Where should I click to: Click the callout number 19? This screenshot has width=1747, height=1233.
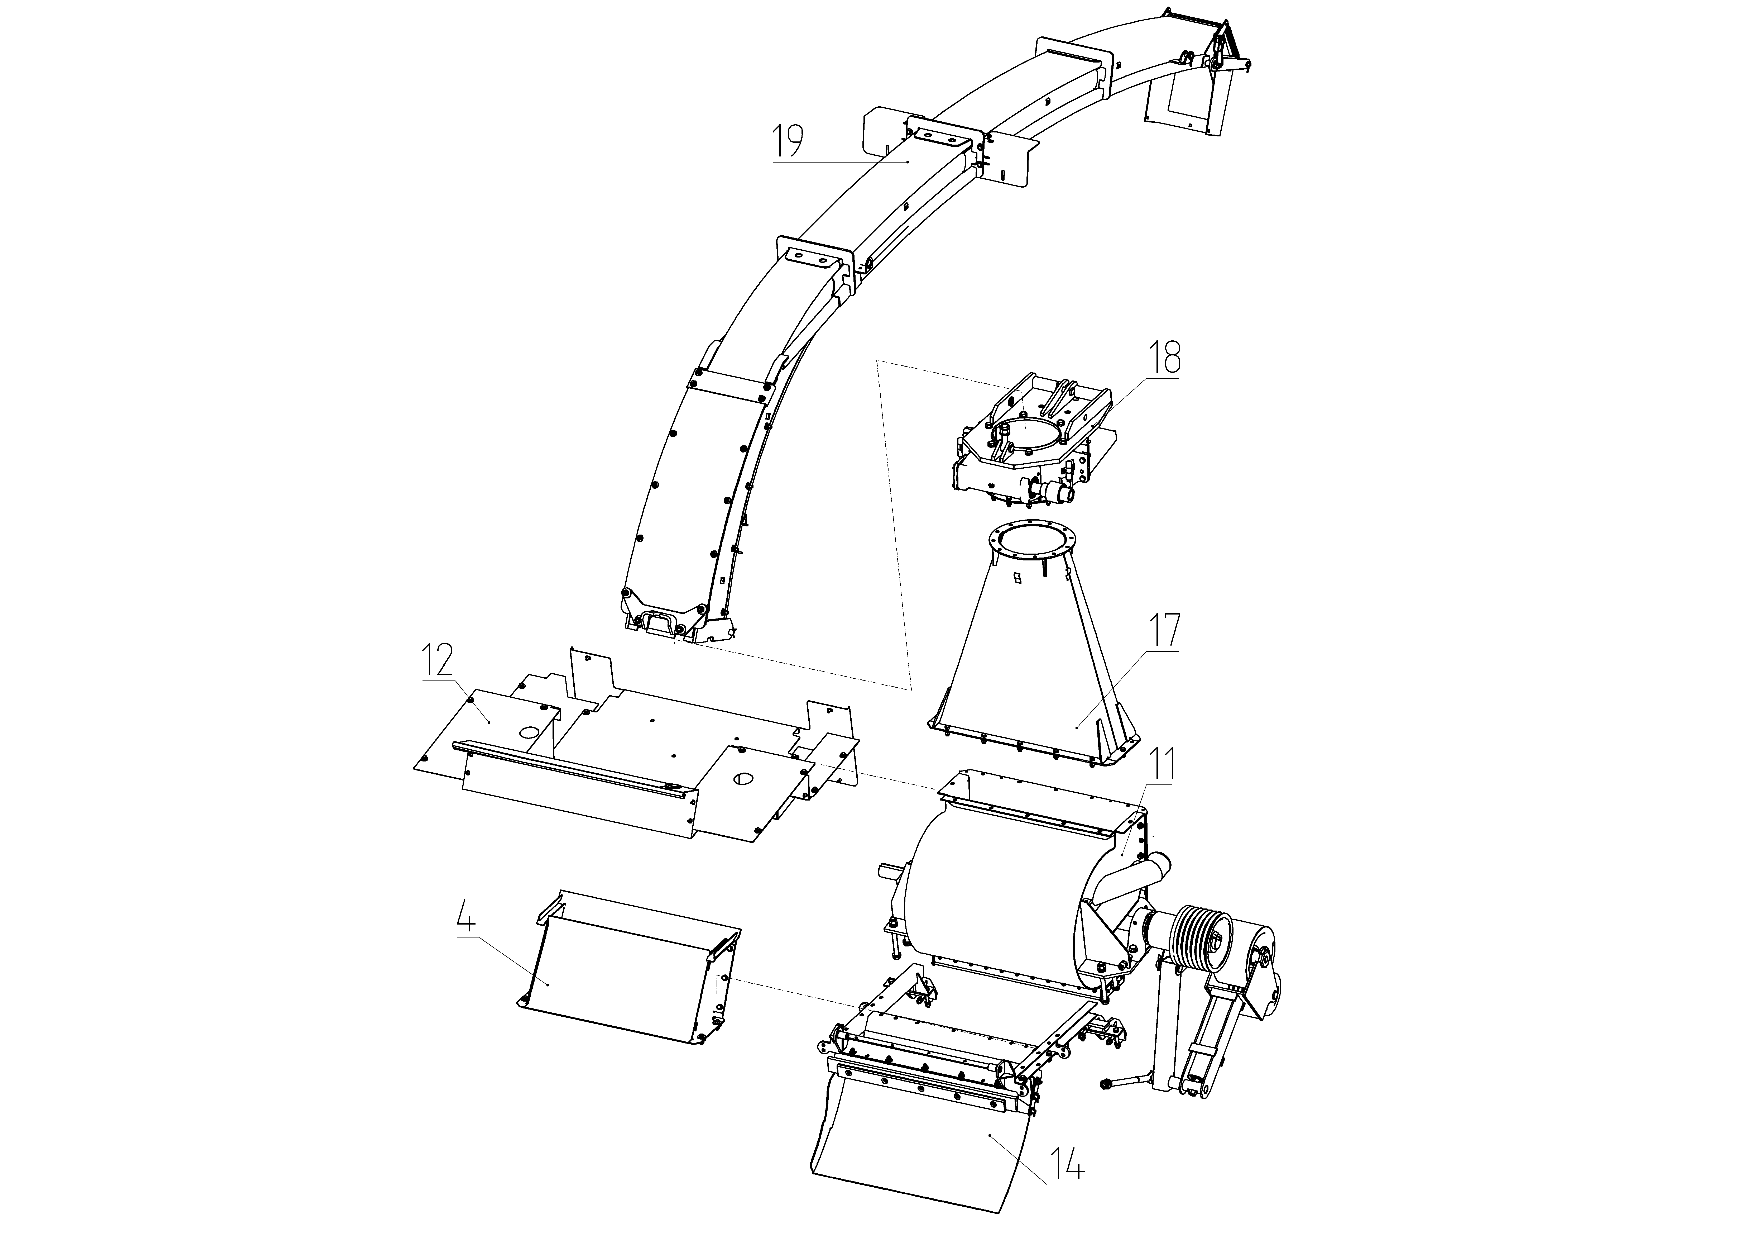pos(788,142)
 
